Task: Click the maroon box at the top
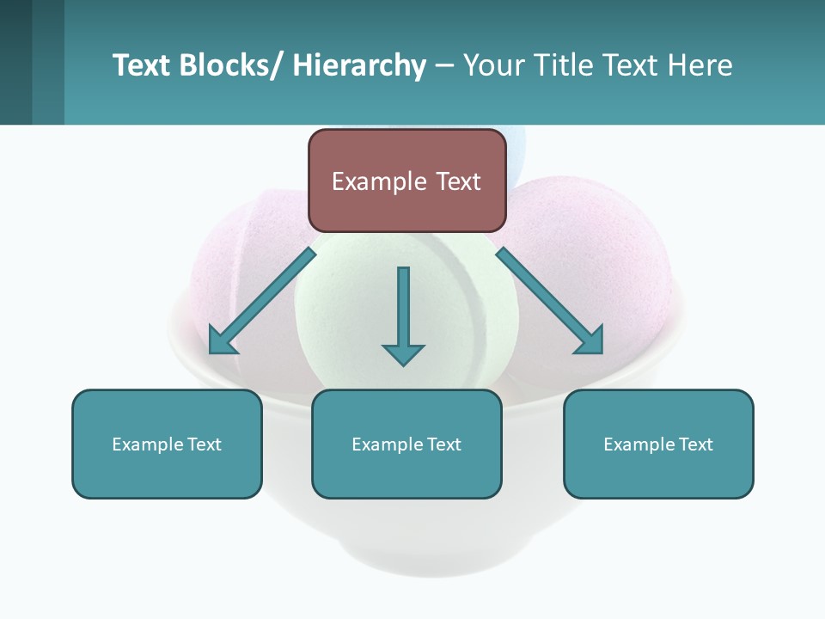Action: (406, 181)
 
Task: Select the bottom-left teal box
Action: (167, 444)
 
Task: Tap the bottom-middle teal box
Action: (406, 444)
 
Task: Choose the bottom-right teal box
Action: (658, 444)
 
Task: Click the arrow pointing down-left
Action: (262, 301)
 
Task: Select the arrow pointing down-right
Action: (550, 301)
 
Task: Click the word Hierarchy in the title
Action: (359, 65)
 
